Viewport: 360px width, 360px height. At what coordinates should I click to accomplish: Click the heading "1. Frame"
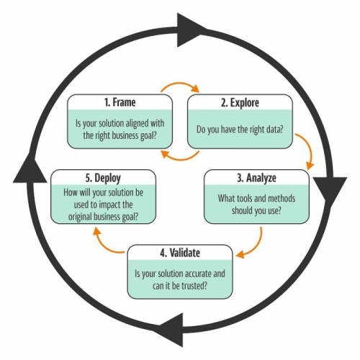(120, 102)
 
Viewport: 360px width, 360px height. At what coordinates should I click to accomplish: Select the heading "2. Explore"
(240, 103)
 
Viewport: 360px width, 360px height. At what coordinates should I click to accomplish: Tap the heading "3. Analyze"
(256, 178)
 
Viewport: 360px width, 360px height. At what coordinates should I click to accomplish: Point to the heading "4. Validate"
(180, 253)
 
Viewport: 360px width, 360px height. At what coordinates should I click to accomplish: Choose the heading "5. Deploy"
(103, 178)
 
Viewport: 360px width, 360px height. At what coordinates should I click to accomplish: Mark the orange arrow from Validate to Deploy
(102, 246)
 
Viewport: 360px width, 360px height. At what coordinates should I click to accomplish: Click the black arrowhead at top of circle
(189, 30)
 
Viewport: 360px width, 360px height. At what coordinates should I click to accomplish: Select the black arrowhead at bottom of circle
(171, 330)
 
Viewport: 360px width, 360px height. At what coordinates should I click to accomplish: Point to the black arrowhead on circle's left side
(30, 171)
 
